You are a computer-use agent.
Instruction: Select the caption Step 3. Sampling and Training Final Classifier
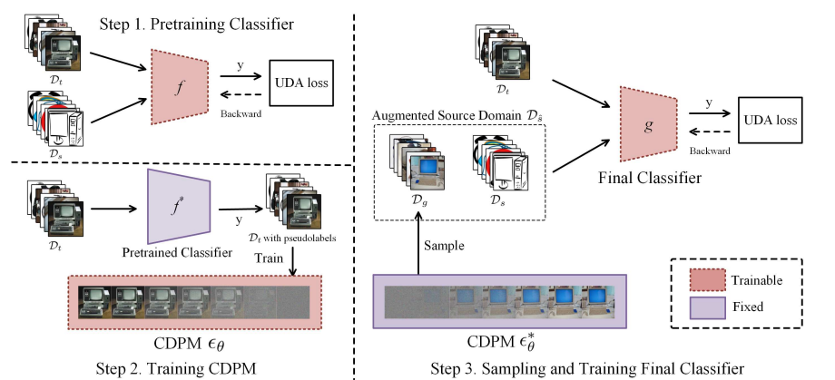coord(589,367)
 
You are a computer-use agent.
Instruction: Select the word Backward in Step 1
coord(238,111)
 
